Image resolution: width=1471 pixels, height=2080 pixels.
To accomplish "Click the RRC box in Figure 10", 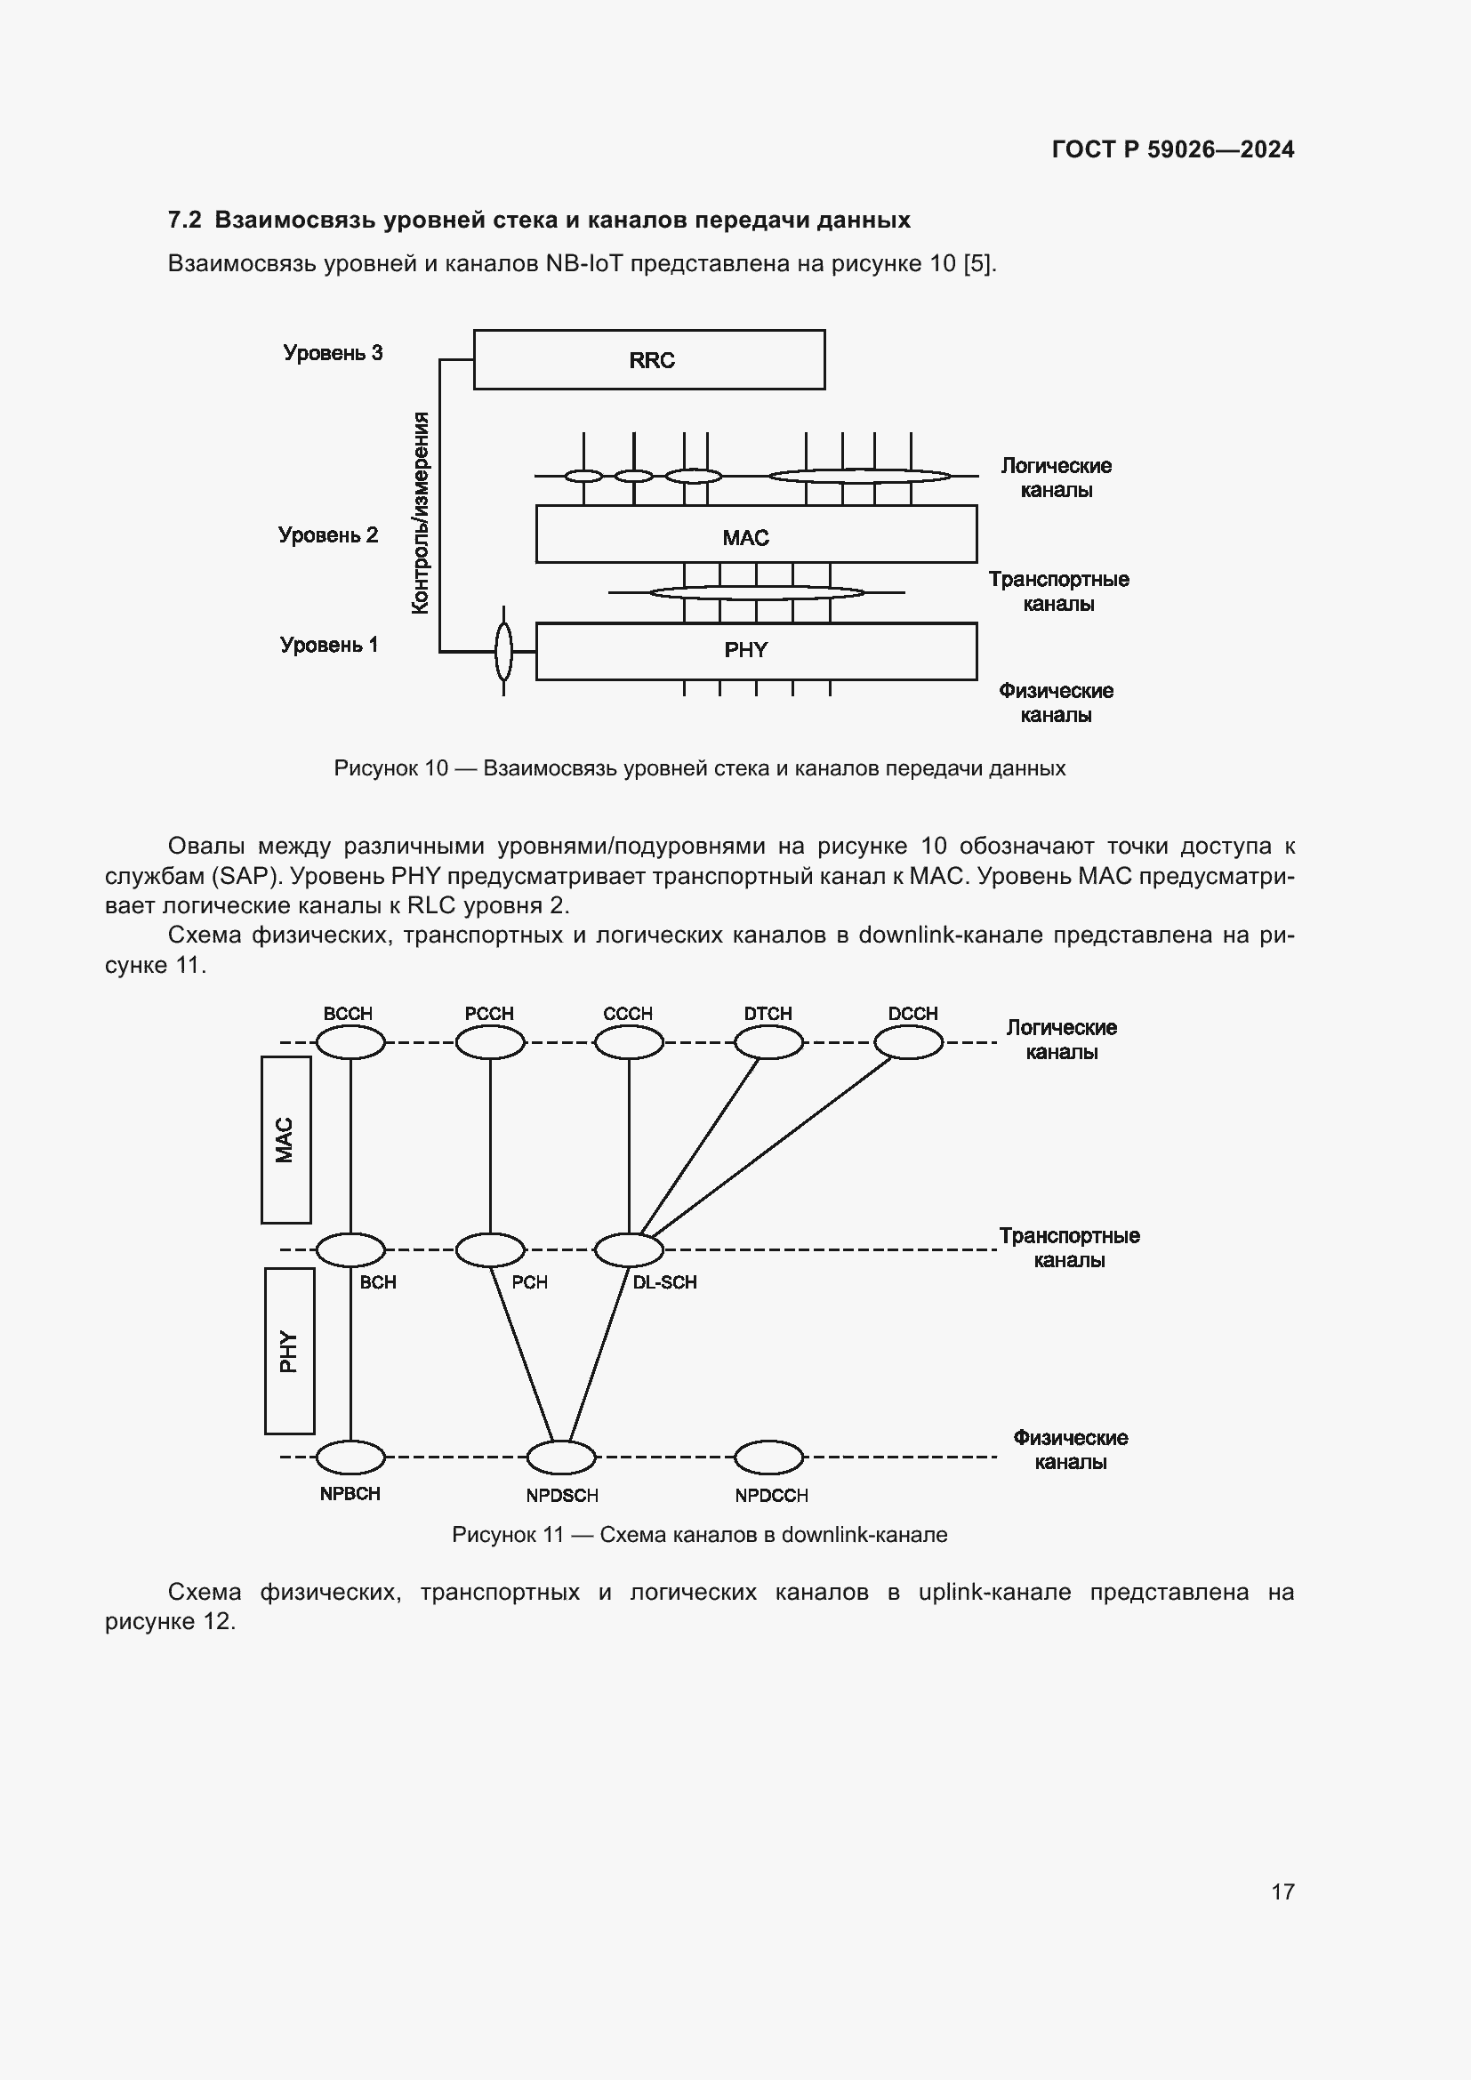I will [x=648, y=359].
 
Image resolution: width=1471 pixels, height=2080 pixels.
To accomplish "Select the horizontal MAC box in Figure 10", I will [x=755, y=534].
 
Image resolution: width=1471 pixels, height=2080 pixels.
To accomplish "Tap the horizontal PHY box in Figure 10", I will [x=755, y=650].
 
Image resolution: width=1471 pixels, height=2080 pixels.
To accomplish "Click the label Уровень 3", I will [x=333, y=353].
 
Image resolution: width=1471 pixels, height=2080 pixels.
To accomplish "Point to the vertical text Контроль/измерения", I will [x=421, y=513].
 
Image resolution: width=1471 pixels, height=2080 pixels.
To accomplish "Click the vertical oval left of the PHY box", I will [x=503, y=651].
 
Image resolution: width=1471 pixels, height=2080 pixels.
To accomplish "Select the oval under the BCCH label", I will [x=350, y=1043].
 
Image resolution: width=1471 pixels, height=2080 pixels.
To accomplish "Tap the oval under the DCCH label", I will [x=909, y=1043].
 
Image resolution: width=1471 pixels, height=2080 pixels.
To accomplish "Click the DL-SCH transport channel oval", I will [x=629, y=1250].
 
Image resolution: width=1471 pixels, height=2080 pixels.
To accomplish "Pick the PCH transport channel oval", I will [x=490, y=1250].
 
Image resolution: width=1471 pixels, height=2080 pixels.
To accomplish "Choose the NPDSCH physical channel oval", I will [x=561, y=1458].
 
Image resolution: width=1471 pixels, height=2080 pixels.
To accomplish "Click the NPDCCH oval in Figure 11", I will [x=768, y=1458].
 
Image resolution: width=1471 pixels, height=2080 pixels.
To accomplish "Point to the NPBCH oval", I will [x=350, y=1458].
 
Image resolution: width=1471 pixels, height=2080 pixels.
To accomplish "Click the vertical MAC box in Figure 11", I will [x=286, y=1140].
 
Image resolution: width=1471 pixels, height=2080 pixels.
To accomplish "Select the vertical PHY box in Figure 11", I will [x=290, y=1351].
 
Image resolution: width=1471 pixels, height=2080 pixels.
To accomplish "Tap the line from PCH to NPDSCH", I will [x=522, y=1354].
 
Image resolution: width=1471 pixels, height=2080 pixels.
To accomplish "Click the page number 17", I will [x=1282, y=1891].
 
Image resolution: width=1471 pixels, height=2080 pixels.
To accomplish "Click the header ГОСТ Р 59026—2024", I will [x=1173, y=150].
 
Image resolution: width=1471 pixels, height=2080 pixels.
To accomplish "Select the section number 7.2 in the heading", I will [x=184, y=221].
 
